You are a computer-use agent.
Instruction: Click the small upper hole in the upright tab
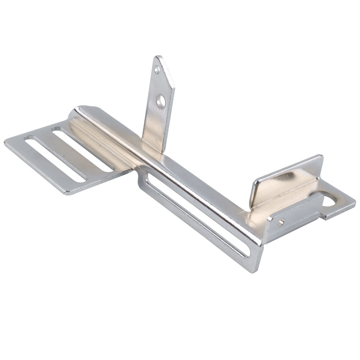(157, 69)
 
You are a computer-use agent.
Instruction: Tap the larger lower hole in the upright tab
(161, 101)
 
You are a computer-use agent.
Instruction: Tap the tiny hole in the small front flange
(281, 222)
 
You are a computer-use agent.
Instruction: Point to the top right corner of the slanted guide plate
(320, 157)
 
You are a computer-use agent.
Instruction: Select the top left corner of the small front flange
(268, 218)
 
